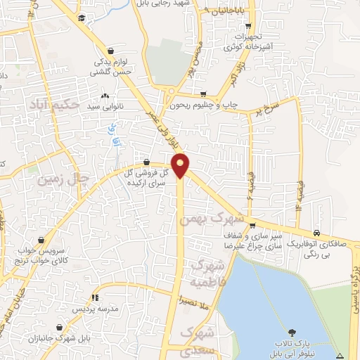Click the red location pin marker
181,165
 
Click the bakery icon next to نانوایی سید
105,96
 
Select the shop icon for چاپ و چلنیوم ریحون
203,94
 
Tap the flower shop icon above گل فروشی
146,162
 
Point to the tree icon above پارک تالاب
291,331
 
